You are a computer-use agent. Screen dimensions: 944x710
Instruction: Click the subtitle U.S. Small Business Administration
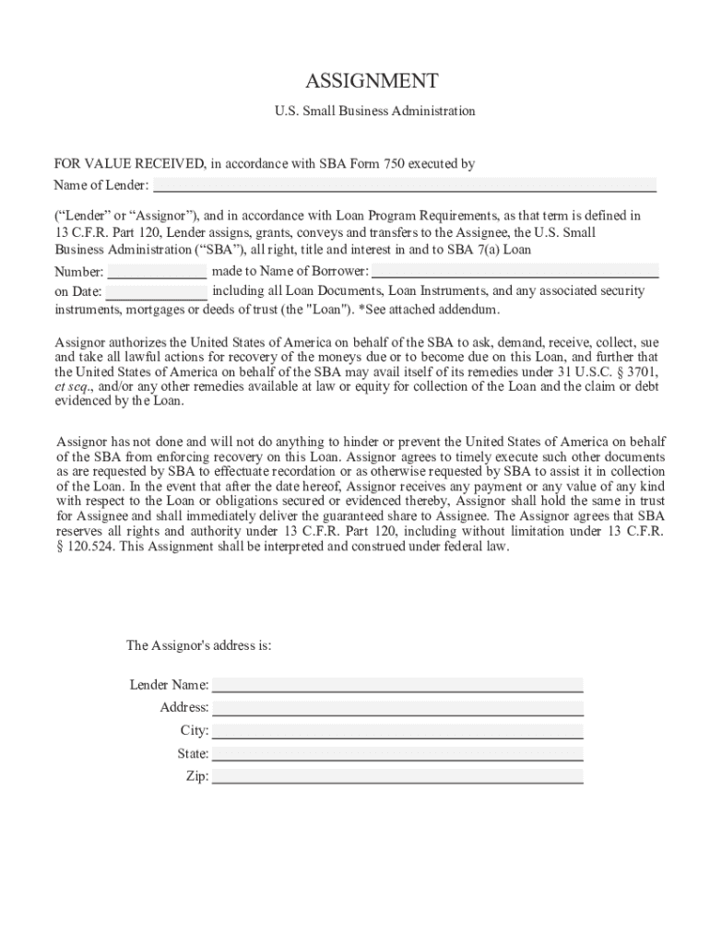(374, 112)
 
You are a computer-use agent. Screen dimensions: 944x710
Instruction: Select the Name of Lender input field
(404, 185)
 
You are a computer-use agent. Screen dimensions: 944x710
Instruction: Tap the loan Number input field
(158, 272)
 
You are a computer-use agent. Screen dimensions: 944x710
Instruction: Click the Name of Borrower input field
(515, 271)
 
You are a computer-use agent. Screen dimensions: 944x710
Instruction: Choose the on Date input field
(157, 291)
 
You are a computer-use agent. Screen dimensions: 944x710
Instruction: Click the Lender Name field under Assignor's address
(397, 685)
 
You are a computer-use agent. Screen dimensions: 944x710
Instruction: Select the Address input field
(397, 708)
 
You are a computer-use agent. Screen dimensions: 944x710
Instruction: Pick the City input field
(397, 731)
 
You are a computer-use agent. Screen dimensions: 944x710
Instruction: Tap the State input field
(397, 754)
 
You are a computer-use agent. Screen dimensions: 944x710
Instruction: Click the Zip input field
(397, 777)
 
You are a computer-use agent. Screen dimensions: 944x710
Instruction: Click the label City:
(195, 731)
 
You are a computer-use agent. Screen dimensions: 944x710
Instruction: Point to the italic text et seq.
(72, 387)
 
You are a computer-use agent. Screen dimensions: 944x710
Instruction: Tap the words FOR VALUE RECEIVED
(130, 164)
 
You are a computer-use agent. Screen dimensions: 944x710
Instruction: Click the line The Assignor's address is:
(198, 645)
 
